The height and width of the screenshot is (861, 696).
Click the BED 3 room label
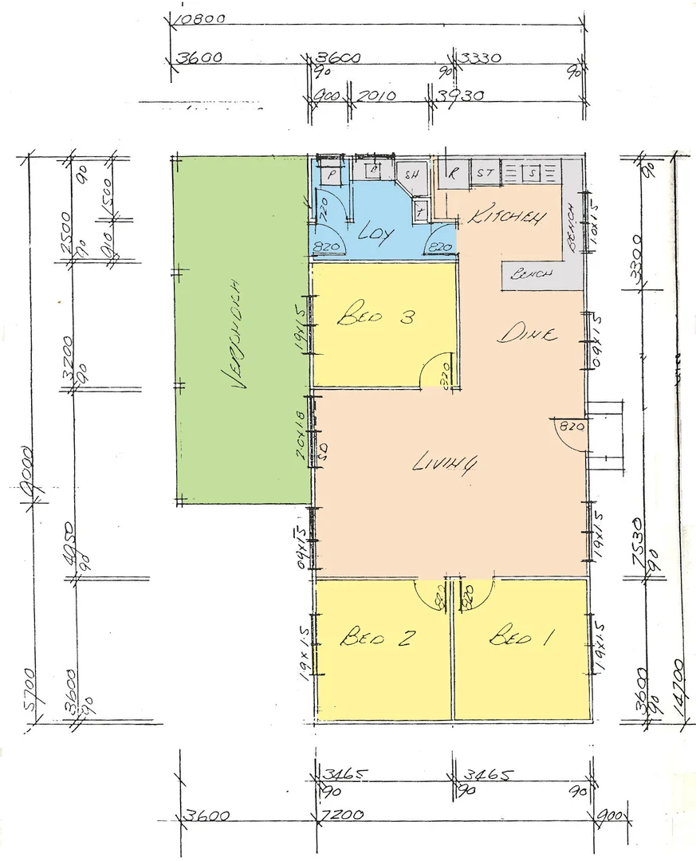376,318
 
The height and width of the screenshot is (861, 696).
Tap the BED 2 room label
376,638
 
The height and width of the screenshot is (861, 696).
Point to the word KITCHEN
507,217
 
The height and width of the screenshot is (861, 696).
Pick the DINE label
527,335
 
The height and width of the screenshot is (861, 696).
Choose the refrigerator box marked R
452,171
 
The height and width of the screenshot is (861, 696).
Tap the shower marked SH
412,175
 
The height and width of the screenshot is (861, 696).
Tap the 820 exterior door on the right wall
572,427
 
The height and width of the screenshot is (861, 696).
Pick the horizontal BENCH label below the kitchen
529,275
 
